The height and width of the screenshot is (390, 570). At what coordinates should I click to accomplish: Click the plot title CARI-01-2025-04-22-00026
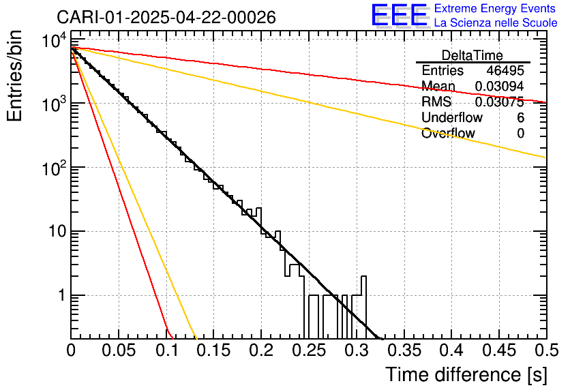[166, 17]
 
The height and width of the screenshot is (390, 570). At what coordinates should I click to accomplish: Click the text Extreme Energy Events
[496, 9]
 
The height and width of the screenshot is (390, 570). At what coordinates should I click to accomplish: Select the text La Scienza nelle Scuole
[496, 22]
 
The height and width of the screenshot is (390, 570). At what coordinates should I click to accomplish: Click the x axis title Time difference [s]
[466, 374]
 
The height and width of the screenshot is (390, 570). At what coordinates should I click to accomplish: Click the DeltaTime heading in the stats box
[472, 55]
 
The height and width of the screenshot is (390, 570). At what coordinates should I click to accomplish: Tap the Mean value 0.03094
[499, 87]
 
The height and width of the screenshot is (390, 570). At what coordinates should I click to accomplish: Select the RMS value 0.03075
[499, 102]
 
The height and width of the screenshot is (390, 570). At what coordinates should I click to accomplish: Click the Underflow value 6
[520, 118]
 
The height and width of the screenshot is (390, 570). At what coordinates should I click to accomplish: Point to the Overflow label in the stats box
[448, 134]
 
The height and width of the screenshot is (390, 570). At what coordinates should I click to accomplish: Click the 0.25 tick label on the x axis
[307, 350]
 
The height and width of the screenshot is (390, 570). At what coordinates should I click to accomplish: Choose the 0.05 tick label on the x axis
[119, 350]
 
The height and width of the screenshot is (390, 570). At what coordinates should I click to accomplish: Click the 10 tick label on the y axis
[55, 232]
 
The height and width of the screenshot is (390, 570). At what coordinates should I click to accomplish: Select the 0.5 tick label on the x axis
[546, 350]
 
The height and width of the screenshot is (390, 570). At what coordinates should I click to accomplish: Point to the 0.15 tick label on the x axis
[213, 350]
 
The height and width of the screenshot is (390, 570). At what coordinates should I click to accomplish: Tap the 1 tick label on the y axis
[59, 296]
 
